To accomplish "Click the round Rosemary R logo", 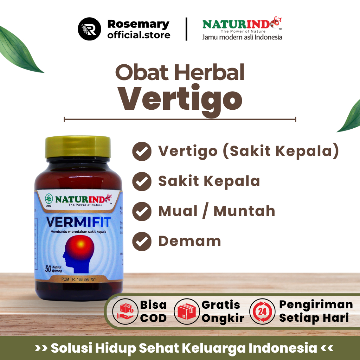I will click(x=89, y=29).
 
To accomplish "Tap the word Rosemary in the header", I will click(x=138, y=24).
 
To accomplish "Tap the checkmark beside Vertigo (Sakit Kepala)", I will click(x=142, y=152).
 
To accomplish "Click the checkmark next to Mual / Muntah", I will click(x=142, y=212).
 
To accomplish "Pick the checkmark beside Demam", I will click(x=142, y=242).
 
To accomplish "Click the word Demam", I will click(x=189, y=242).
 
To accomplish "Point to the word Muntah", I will click(x=244, y=211).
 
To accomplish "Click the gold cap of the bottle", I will click(x=78, y=147).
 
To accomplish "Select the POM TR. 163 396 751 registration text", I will click(x=78, y=279).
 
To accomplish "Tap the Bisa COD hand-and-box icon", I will click(x=124, y=311).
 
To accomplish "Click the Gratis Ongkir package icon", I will click(x=186, y=311).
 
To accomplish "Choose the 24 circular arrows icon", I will click(x=262, y=311).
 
